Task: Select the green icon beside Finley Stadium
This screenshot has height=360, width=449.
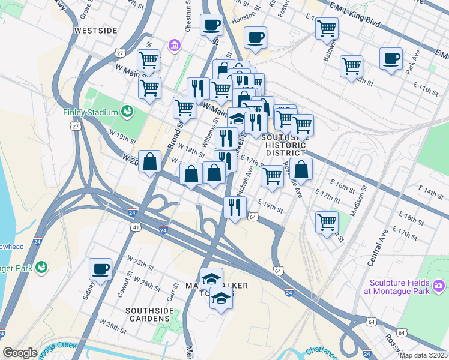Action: point(127,111)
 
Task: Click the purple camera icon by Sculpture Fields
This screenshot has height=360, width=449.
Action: point(439,284)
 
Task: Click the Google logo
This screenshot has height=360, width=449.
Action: point(20,353)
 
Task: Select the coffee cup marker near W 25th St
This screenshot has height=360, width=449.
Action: point(101,269)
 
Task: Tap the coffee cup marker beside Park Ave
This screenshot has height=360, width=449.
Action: point(391,59)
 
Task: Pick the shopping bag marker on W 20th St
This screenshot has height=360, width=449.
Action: point(149,161)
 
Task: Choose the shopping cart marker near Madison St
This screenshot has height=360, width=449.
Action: point(327,221)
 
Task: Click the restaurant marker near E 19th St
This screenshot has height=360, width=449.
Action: point(234,207)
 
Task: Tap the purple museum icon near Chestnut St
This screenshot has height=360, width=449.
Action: point(175,46)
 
